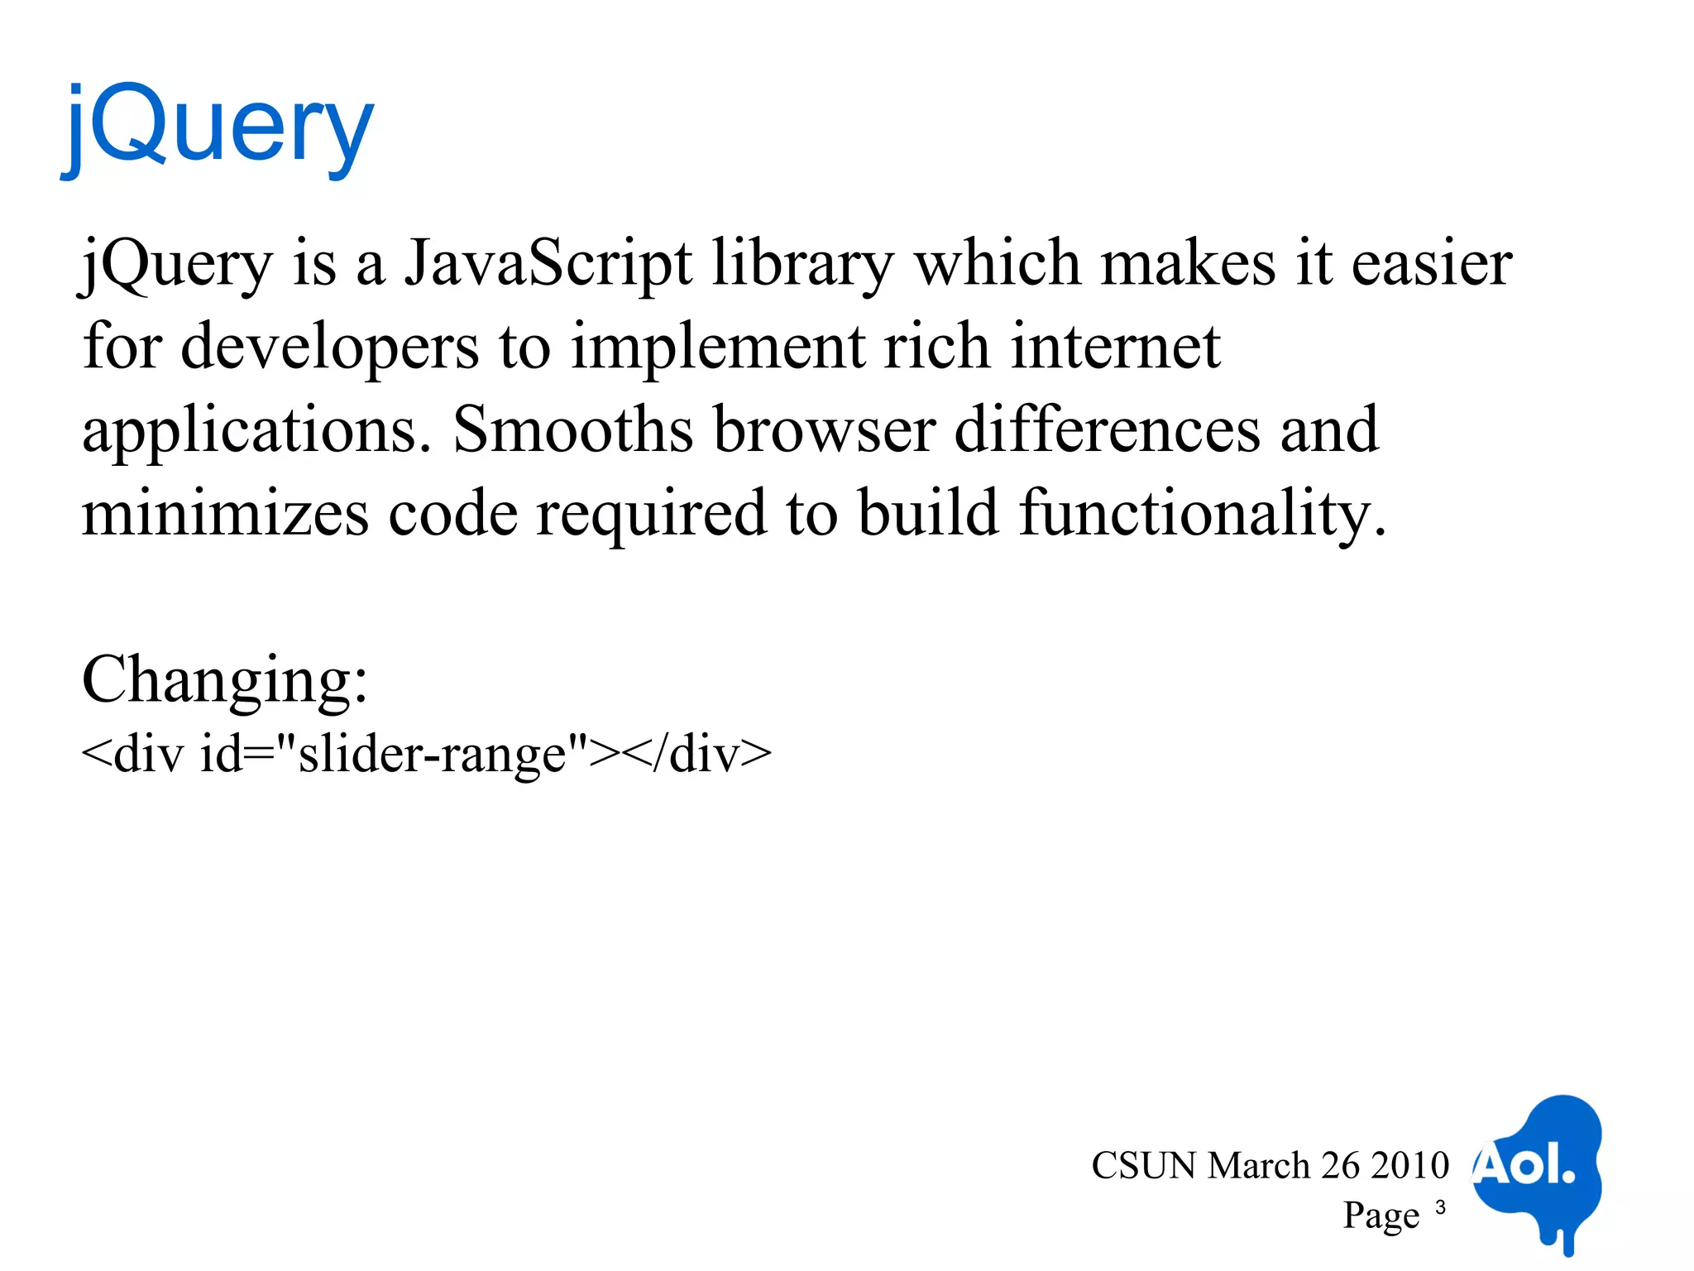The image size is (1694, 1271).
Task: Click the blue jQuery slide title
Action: tap(219, 128)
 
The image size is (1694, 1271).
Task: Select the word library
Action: tap(802, 265)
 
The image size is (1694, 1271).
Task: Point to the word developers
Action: tap(329, 348)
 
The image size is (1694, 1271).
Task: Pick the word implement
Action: tap(717, 348)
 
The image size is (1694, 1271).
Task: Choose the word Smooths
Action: tap(572, 429)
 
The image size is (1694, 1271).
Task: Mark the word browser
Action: tap(825, 429)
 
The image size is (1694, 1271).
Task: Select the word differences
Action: tap(1107, 429)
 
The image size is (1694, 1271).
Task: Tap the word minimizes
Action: tap(225, 513)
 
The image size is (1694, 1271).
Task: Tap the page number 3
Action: tap(1440, 1207)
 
